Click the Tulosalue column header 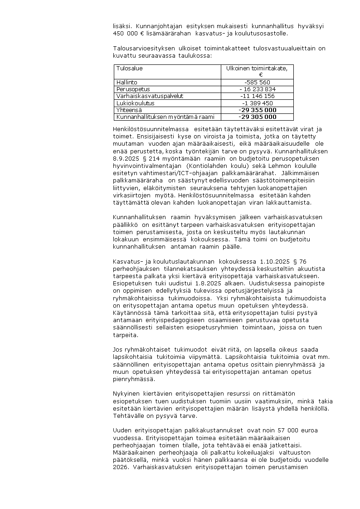coord(129,69)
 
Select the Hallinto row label coord(126,83)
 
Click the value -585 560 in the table coord(257,83)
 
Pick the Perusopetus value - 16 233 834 coord(257,89)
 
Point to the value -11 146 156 coord(257,96)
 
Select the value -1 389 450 coord(257,103)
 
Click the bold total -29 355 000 coord(257,110)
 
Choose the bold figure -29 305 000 coord(257,117)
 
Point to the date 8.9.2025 coord(125,158)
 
